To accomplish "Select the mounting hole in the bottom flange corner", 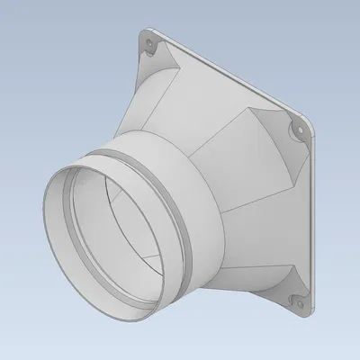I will [290, 298].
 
